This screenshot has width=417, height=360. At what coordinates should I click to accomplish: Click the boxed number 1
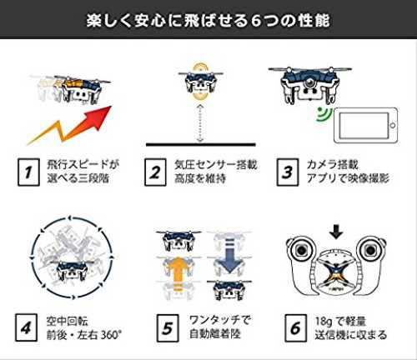(28, 172)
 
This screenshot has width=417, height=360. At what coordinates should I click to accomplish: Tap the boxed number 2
(155, 172)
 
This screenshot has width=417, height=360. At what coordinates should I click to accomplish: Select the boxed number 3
(288, 172)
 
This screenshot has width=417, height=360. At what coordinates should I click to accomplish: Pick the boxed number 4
(26, 327)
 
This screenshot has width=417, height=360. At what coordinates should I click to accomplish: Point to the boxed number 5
(168, 328)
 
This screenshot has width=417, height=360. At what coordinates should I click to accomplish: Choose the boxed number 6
(296, 328)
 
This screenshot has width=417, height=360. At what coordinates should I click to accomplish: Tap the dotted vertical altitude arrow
(200, 123)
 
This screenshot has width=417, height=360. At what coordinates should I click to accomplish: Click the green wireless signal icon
(324, 114)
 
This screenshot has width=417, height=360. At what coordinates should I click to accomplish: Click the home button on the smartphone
(393, 125)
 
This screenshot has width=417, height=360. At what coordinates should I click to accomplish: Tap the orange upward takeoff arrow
(178, 272)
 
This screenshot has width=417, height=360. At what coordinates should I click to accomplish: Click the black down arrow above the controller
(336, 232)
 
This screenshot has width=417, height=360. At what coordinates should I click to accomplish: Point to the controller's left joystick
(301, 251)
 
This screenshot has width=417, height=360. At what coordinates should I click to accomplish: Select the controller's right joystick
(369, 251)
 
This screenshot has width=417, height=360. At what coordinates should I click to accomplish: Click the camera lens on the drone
(309, 82)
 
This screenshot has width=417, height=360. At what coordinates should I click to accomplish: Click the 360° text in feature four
(111, 335)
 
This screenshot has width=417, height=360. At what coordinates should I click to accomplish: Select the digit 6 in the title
(255, 21)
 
